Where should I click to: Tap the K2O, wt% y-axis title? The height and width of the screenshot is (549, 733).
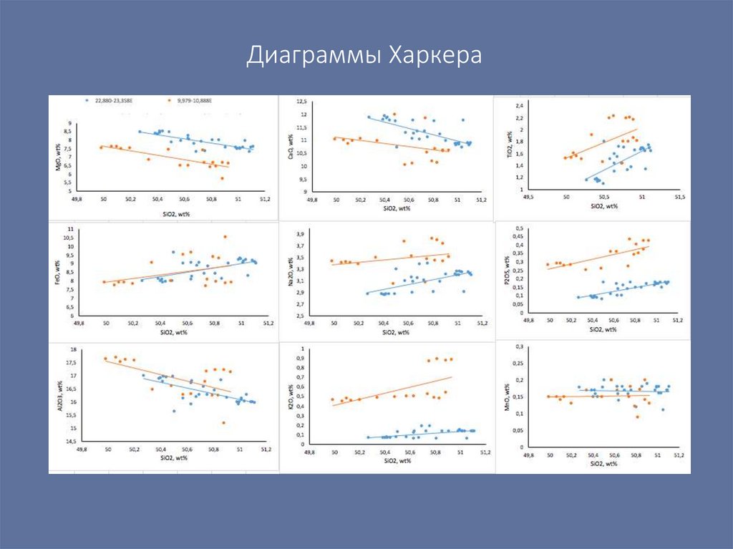[x=291, y=398]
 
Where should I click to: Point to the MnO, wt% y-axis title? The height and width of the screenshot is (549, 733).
[x=508, y=395]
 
